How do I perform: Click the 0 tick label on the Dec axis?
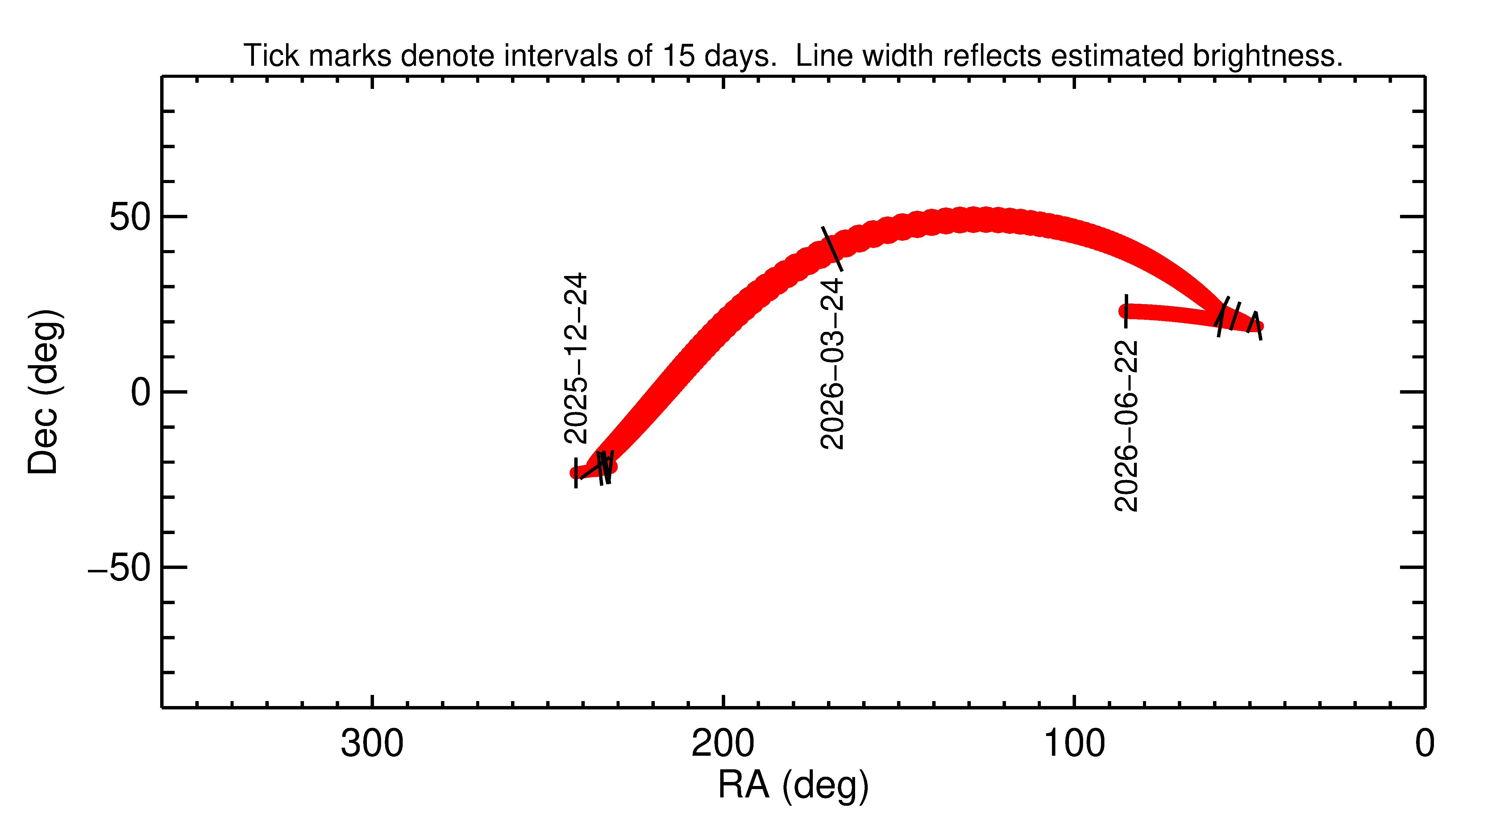(x=141, y=393)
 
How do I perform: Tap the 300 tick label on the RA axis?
(x=372, y=744)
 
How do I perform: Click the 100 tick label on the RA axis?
(x=1074, y=744)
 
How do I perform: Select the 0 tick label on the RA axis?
(x=1424, y=744)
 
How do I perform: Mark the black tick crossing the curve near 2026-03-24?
(x=832, y=249)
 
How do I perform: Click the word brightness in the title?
(x=1267, y=56)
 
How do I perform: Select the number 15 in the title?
(x=678, y=56)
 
